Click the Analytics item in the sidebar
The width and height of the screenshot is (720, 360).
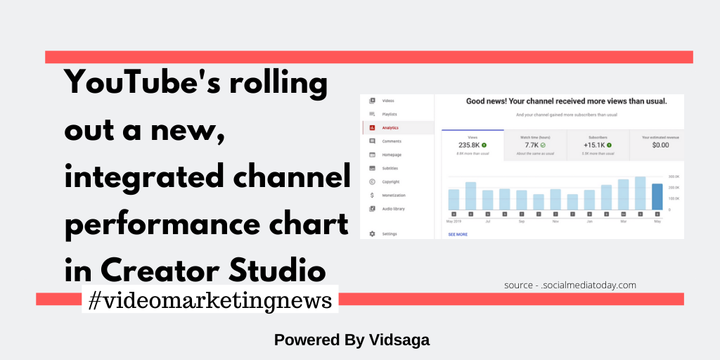[390, 128]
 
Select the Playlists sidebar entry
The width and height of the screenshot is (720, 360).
[390, 114]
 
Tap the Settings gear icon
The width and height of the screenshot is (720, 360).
[372, 233]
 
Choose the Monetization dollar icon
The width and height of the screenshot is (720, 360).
[372, 195]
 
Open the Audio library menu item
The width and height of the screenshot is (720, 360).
[393, 209]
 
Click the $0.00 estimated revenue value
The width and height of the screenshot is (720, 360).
[660, 145]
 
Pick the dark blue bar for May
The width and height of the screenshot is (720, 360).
[657, 196]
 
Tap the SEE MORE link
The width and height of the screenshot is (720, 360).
[458, 234]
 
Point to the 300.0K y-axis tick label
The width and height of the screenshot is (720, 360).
[674, 176]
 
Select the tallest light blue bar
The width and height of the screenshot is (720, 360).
[640, 193]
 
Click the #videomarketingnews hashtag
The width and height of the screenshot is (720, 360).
[210, 300]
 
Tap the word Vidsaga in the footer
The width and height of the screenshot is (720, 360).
[399, 340]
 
